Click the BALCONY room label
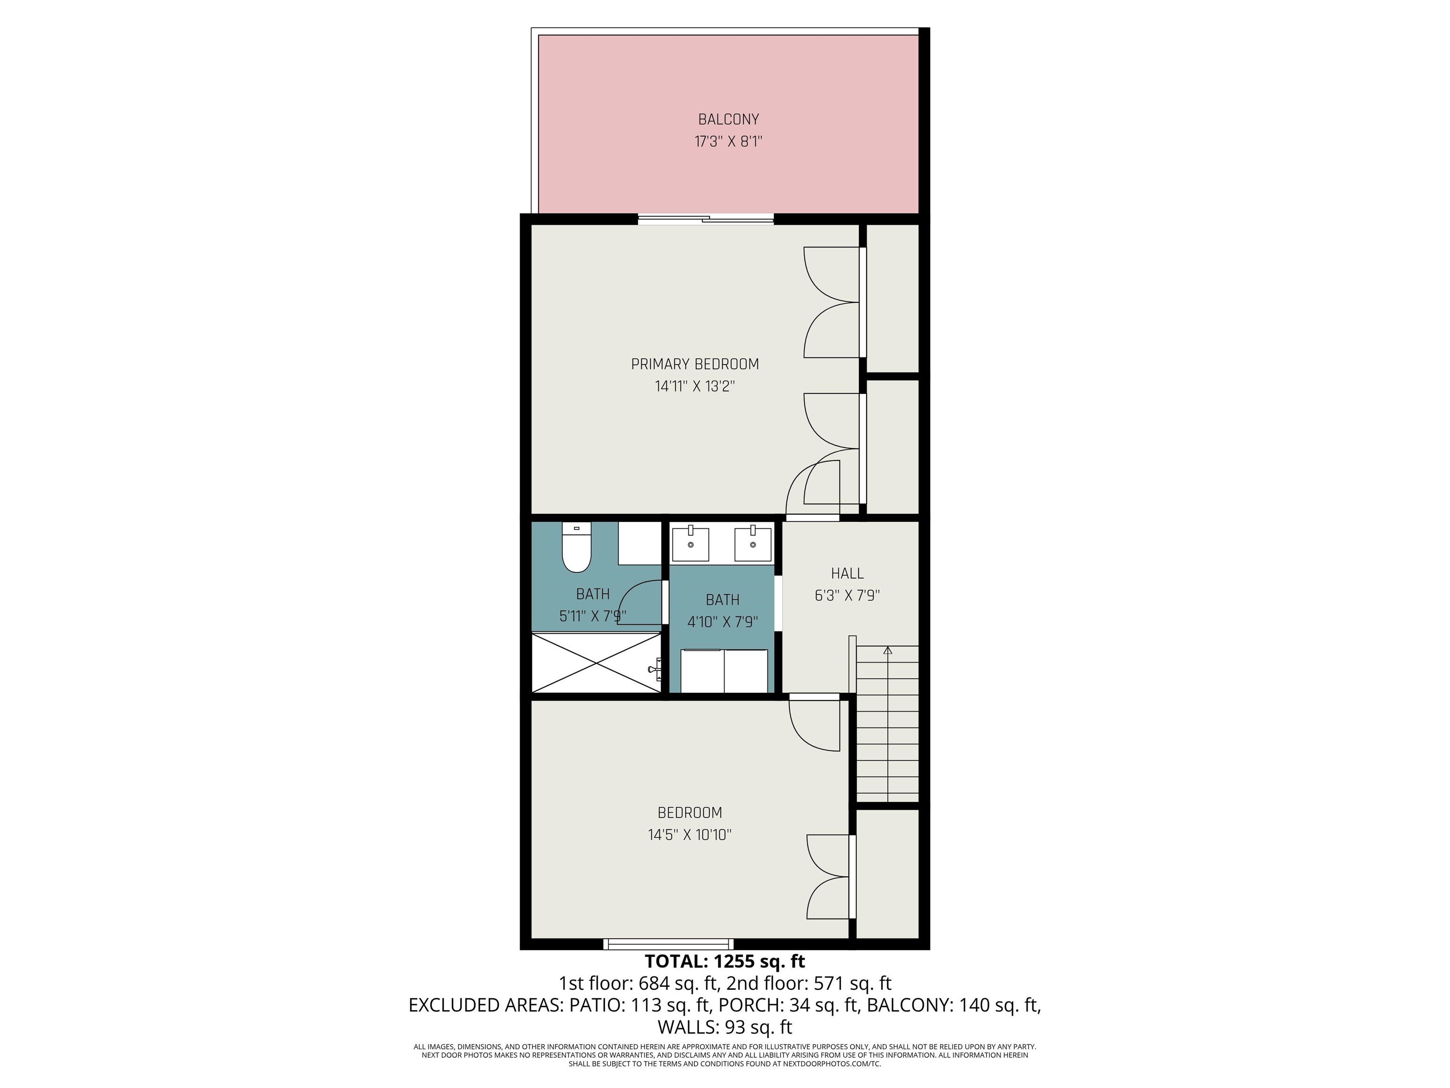(x=728, y=119)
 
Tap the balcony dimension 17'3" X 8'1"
(x=728, y=142)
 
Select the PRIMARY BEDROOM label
(x=695, y=364)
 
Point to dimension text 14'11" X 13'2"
(x=695, y=386)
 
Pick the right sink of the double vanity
(x=752, y=544)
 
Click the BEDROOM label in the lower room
(x=690, y=813)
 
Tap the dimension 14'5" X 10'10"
(x=690, y=835)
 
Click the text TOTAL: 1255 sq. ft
(x=725, y=961)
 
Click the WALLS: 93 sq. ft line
(x=725, y=1026)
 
